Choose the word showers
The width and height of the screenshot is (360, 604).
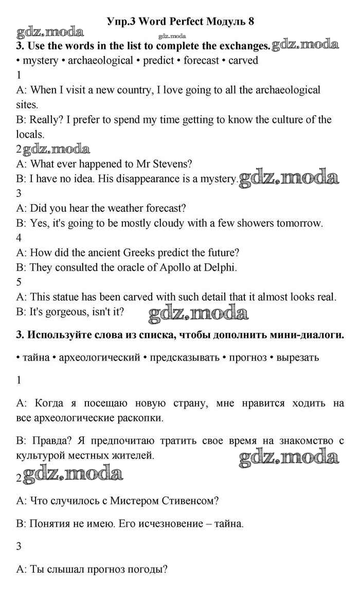(255, 223)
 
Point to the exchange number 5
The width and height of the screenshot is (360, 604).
(19, 282)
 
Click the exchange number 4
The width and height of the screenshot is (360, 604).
(19, 237)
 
